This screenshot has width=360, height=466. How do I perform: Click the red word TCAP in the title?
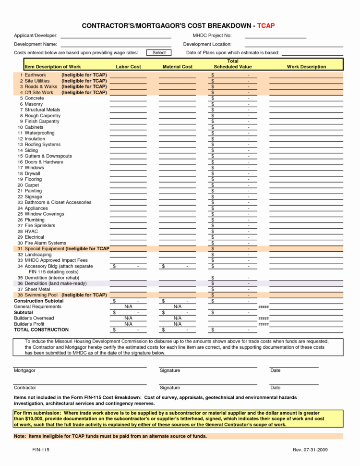(266, 25)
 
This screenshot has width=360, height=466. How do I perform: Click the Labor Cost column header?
(128, 67)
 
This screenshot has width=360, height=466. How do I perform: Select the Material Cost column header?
(178, 67)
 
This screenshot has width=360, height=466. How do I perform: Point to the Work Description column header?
(306, 67)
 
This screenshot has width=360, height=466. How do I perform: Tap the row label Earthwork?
(36, 75)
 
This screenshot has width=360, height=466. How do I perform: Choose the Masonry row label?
(34, 104)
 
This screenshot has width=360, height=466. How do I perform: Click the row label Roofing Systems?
(43, 145)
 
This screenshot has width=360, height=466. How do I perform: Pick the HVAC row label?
(31, 232)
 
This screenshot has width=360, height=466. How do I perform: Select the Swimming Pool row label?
(41, 295)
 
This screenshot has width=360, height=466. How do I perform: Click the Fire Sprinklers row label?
(40, 226)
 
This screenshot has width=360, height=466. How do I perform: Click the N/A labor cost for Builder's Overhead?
(128, 319)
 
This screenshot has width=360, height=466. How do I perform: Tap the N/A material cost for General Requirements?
(178, 307)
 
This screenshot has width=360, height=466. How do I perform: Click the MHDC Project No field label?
(212, 36)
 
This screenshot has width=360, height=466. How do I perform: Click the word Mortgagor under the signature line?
(24, 371)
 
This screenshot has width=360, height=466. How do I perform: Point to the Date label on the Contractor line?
(275, 388)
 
